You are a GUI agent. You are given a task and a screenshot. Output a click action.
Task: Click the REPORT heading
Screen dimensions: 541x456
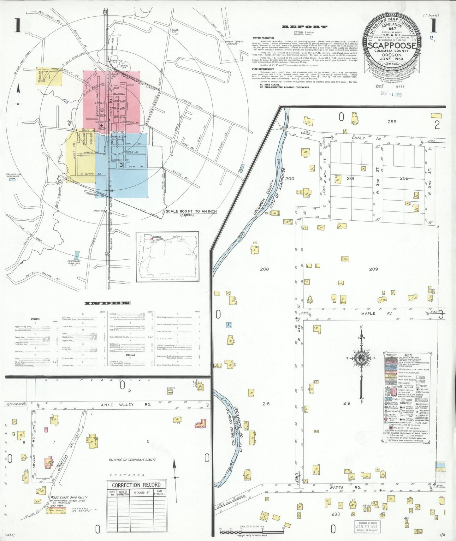coord(304,27)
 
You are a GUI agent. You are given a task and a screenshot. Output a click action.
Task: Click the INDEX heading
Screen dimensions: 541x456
coord(107,303)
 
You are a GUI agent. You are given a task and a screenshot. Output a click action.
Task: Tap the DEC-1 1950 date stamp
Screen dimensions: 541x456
coord(391,94)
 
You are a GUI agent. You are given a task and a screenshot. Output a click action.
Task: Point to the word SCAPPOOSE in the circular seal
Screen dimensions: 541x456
coord(392,45)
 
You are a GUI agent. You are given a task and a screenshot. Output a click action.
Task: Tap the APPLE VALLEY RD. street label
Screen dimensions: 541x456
coord(117,405)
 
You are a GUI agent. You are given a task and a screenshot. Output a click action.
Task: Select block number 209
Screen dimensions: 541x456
coord(373,269)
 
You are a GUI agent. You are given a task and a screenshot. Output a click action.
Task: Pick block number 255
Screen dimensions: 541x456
coord(392,122)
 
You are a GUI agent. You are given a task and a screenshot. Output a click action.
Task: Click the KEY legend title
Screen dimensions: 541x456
coord(407,354)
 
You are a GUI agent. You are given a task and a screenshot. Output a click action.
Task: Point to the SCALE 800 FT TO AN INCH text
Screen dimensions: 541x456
coord(191,211)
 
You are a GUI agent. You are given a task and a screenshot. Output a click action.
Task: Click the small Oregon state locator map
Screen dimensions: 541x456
coord(167,257)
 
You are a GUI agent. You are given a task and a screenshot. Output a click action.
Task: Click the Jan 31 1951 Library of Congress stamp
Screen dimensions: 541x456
coord(369,526)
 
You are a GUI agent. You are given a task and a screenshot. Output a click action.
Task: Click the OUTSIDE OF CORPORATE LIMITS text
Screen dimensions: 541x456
coord(132,460)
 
